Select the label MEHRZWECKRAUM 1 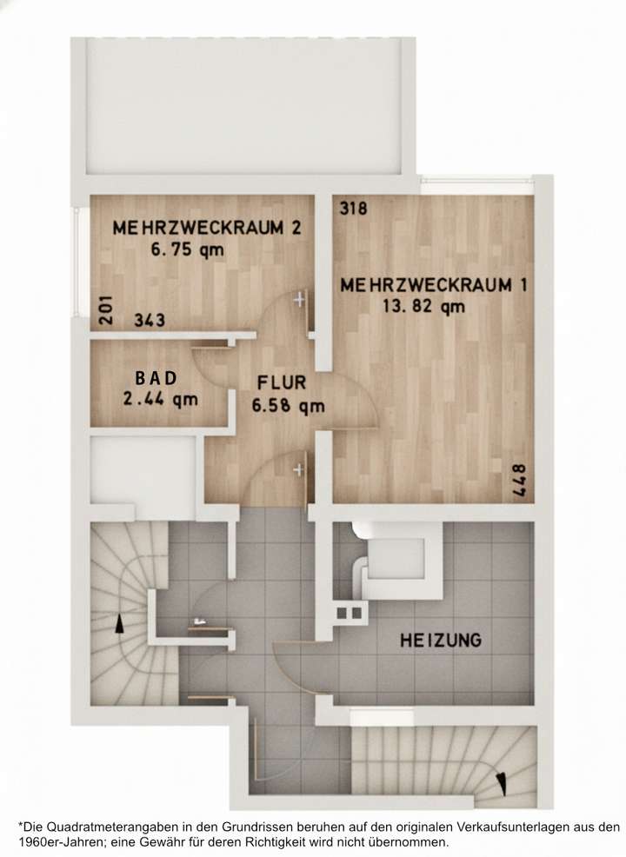(434, 285)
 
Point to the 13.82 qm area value (423, 306)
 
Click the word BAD (156, 379)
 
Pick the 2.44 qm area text (161, 400)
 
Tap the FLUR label (281, 382)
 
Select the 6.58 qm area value (288, 405)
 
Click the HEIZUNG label (441, 641)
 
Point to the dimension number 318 (354, 209)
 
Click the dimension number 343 (150, 321)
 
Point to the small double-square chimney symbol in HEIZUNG (350, 613)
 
